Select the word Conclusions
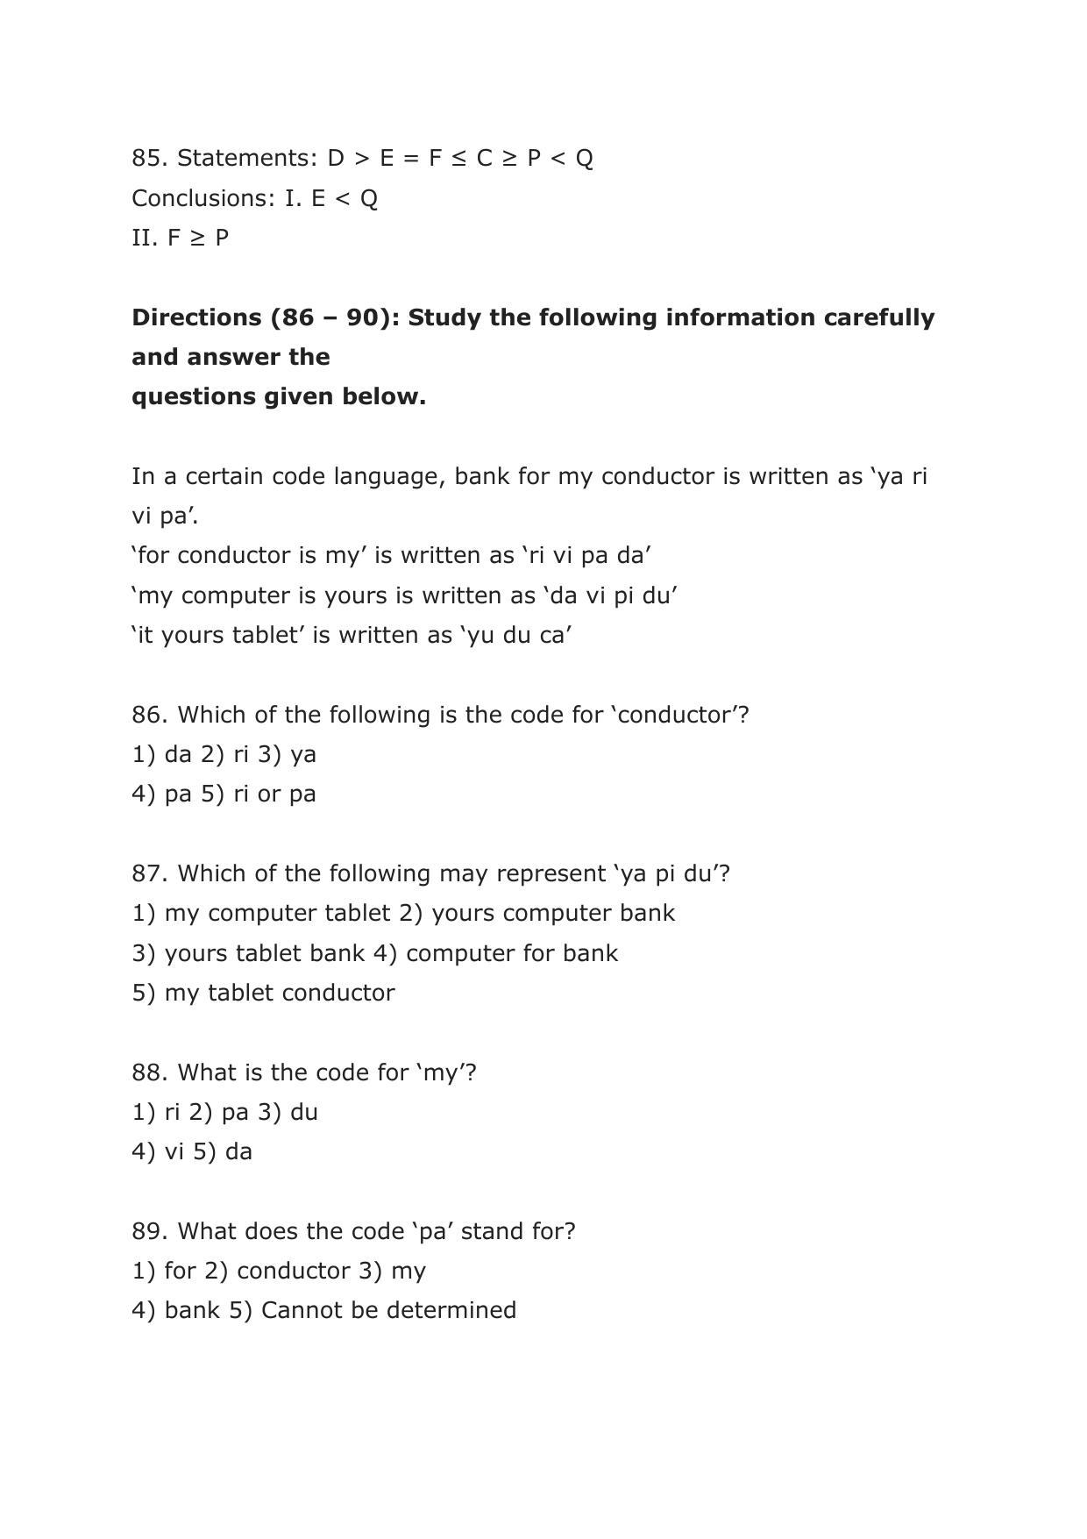203,199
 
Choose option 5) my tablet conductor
263,994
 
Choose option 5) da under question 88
227,1152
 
